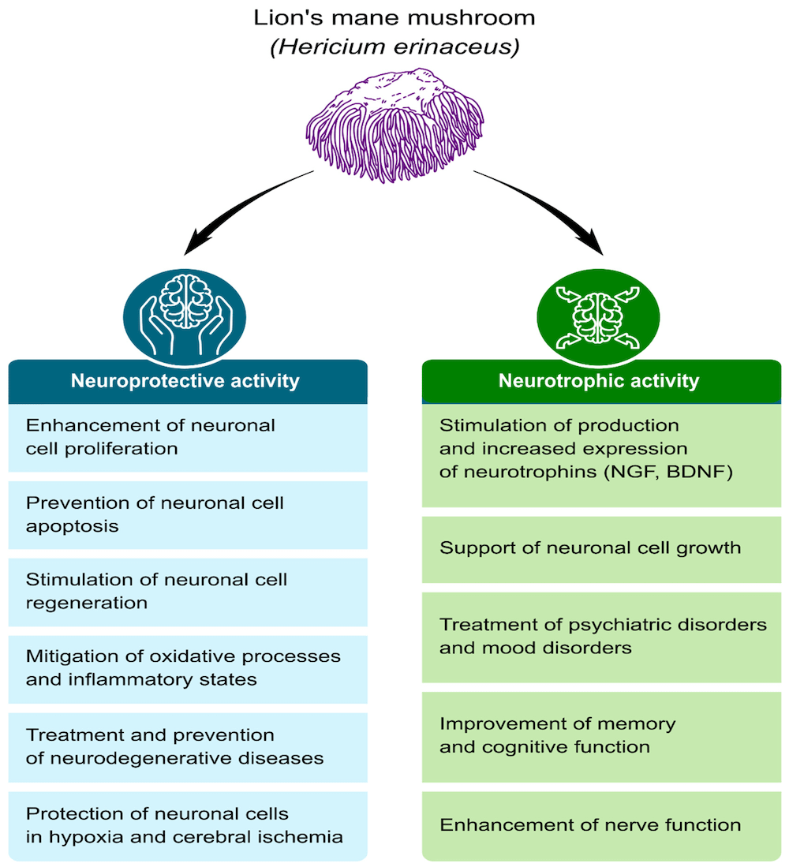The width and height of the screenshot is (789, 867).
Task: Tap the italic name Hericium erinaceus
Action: (394, 47)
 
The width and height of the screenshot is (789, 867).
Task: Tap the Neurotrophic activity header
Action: (599, 382)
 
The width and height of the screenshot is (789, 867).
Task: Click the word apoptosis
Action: (72, 525)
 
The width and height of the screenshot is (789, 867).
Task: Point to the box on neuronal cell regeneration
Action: (188, 592)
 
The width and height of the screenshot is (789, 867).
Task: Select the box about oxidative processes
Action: (188, 667)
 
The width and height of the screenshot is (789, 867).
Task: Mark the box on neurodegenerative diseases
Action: (188, 746)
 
